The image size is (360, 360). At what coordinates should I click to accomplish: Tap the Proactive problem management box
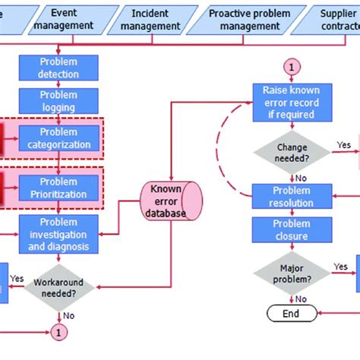[x=250, y=19]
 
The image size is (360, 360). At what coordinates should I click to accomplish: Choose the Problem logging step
[x=58, y=101]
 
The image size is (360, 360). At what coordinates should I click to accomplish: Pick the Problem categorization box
[x=58, y=137]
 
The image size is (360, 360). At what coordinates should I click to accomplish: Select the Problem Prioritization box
[x=58, y=188]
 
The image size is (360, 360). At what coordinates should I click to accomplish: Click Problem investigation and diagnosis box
[x=58, y=234]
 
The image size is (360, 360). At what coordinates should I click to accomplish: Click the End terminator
[x=290, y=313]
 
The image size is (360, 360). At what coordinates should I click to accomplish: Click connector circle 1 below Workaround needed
[x=58, y=331]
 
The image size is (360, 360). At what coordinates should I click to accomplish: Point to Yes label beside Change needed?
[x=343, y=144]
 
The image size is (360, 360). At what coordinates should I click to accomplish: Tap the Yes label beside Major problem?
[x=341, y=267]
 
